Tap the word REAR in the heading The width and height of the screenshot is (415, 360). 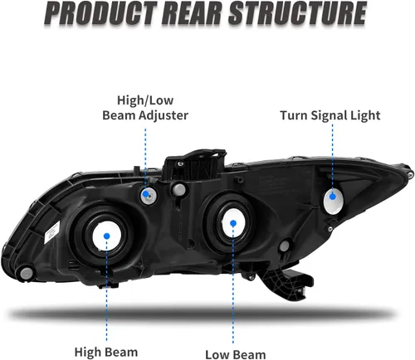point(193,13)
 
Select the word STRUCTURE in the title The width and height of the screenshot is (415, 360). point(298,13)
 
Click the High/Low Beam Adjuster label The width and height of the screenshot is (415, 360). point(145,108)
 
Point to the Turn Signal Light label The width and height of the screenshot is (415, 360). point(330,115)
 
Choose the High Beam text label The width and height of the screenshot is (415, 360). point(106,353)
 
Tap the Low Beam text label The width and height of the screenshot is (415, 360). point(236,354)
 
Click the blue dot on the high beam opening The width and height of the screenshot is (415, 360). point(107,236)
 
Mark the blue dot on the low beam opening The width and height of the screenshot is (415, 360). point(233,223)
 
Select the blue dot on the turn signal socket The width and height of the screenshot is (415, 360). point(333,197)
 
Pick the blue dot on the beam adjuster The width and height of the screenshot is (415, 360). point(145,193)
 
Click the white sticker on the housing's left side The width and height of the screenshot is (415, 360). point(51,231)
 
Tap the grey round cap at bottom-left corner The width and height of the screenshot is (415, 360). point(27,274)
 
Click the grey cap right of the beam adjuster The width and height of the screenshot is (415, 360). point(178,189)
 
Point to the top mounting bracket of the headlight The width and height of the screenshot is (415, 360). point(193,165)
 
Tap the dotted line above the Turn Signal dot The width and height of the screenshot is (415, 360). point(332,158)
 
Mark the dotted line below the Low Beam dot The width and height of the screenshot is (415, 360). point(233,285)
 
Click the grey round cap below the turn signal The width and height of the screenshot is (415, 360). point(284,246)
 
